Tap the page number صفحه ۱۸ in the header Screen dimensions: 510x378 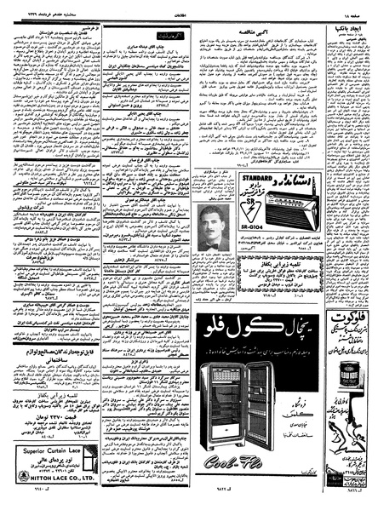362,7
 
